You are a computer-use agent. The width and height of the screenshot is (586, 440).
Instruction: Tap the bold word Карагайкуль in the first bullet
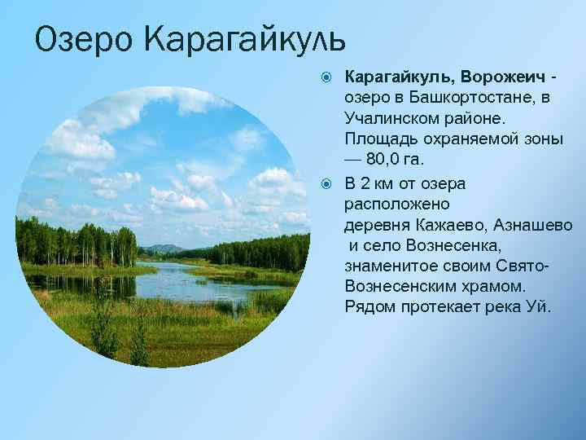click(399, 77)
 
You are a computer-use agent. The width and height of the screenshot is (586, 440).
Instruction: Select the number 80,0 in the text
click(387, 160)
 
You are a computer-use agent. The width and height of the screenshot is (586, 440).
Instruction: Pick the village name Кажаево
click(453, 224)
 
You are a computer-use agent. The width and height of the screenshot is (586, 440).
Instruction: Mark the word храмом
click(497, 286)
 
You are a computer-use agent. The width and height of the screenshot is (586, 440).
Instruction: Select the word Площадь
click(379, 139)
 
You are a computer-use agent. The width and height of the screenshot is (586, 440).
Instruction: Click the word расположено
click(391, 203)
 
